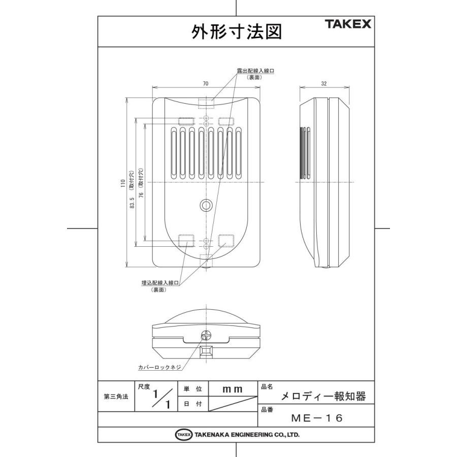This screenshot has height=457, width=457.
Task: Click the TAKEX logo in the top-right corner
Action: [348, 24]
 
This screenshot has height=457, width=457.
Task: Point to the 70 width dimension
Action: [206, 83]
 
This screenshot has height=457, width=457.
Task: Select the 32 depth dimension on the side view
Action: [324, 83]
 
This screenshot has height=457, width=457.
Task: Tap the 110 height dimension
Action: [122, 183]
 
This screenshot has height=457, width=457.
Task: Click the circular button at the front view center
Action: [206, 205]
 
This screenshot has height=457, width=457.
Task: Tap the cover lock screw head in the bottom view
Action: [206, 336]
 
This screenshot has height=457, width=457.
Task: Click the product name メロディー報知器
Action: [323, 396]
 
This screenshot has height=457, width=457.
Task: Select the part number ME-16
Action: [318, 418]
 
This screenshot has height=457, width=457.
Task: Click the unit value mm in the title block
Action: [233, 389]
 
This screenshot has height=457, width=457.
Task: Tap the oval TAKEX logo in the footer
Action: [184, 435]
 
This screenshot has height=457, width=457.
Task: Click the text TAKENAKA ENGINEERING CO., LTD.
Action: [247, 435]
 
